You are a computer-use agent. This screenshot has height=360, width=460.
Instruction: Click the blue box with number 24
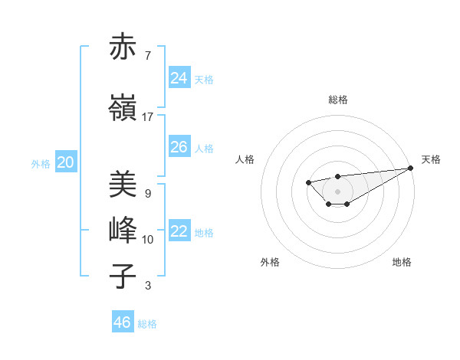(179, 78)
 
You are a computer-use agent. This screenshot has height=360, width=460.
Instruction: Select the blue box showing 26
(179, 147)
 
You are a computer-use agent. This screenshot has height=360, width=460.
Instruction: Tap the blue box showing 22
(179, 231)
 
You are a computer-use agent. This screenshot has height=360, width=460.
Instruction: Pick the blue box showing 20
(66, 162)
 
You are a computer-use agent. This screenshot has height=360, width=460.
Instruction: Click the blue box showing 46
(123, 322)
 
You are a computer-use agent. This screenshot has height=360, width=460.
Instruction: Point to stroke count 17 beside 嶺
(147, 117)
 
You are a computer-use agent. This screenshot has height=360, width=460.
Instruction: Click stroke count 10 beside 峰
(147, 240)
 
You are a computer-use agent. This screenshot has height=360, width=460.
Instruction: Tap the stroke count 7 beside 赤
(147, 56)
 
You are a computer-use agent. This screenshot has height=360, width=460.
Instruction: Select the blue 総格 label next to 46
(147, 324)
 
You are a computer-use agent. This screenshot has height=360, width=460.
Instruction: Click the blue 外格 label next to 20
(41, 163)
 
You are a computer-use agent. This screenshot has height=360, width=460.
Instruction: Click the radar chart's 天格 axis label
(431, 159)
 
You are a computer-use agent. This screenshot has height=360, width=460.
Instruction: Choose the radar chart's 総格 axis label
(337, 100)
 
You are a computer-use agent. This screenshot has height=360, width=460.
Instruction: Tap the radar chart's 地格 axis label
(402, 263)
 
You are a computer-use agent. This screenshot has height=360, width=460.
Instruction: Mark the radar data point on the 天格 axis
(411, 168)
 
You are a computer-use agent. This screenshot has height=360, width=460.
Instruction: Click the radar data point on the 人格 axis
(308, 182)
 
